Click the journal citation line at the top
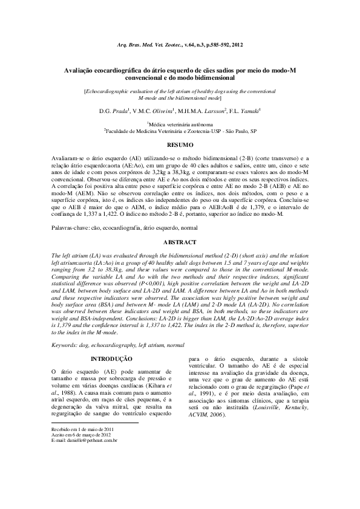[179, 45]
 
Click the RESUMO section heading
[179, 144]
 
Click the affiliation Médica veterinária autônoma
[180, 123]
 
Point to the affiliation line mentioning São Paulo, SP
[180, 130]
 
